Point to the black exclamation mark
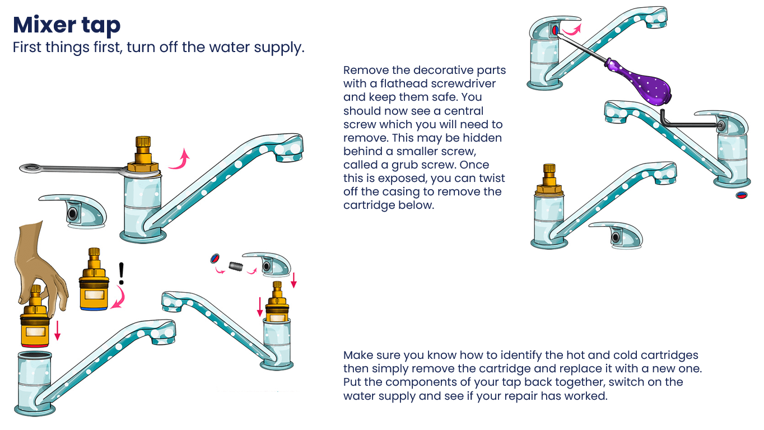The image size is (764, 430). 121,273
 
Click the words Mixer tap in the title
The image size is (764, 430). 66,25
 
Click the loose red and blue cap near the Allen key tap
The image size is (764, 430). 740,195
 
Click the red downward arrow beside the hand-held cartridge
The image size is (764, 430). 57,331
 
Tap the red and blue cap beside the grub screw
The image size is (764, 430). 215,258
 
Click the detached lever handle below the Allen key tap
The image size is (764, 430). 616,235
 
